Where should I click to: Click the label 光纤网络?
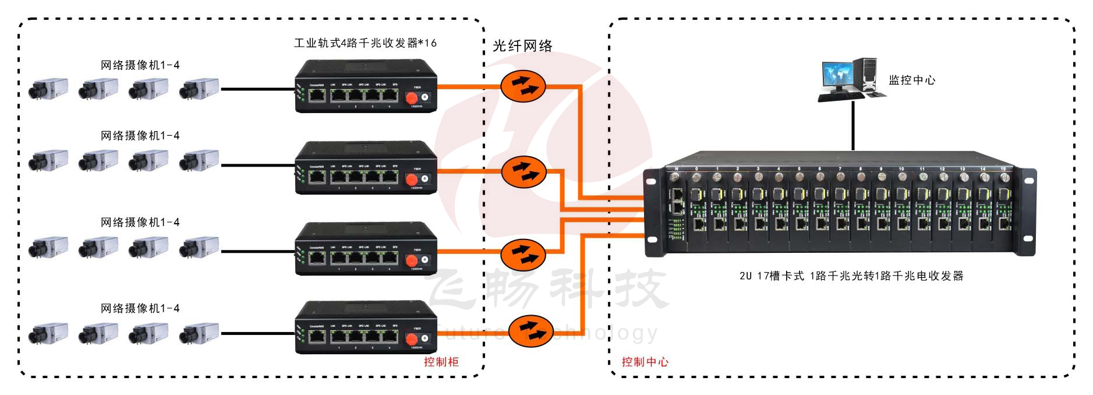(522, 46)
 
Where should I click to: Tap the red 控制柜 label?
(441, 362)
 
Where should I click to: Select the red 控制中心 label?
(645, 362)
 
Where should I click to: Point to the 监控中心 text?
(911, 80)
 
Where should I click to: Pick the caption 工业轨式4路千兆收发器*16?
(365, 43)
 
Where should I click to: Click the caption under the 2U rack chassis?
(851, 276)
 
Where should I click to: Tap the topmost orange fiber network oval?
(523, 86)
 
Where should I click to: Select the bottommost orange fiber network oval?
(530, 331)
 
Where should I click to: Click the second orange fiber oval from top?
(524, 171)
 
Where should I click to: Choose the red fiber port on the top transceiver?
(412, 98)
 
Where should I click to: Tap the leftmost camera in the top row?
(48, 89)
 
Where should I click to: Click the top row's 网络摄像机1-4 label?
(140, 65)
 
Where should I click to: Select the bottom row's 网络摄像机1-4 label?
(140, 308)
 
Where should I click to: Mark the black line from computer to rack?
(853, 125)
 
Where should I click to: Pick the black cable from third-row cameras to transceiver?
(256, 252)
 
